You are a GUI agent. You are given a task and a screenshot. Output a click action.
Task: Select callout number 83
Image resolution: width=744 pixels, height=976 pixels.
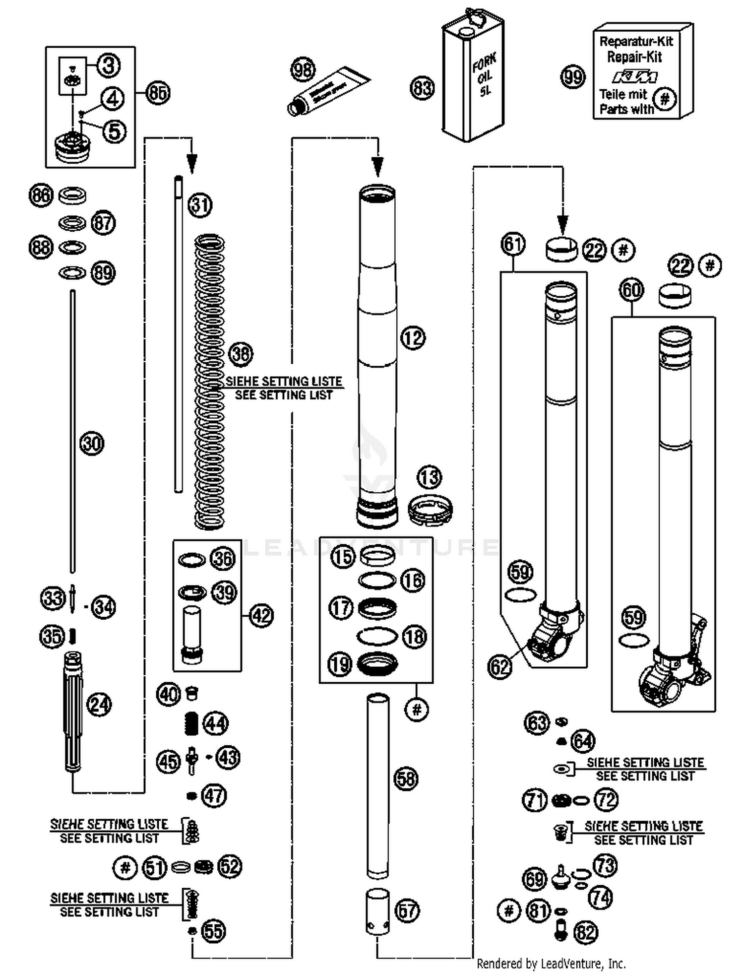422,88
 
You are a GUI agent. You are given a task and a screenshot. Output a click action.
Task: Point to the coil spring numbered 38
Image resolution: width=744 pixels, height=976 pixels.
210,382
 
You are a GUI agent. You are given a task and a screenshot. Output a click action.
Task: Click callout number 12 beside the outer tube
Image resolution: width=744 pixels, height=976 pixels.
413,338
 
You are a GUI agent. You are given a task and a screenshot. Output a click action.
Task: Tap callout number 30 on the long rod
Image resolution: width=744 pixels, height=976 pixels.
92,443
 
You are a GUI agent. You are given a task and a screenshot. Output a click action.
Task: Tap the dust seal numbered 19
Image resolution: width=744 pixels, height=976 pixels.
377,663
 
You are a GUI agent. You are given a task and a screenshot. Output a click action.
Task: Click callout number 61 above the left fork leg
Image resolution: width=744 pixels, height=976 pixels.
513,245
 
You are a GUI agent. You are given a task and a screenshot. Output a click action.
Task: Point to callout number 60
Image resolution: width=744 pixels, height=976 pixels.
632,290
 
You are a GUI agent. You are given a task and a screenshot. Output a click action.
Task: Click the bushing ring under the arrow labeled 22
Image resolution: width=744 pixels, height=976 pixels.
561,249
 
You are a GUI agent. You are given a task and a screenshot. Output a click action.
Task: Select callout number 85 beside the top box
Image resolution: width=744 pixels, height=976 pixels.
158,93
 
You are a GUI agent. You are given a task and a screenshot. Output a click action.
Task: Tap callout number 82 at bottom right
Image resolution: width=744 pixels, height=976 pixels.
586,932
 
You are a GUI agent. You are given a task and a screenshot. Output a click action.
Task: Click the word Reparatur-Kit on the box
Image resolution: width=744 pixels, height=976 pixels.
636,41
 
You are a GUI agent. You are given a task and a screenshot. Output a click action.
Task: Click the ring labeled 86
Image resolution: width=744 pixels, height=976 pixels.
72,195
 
